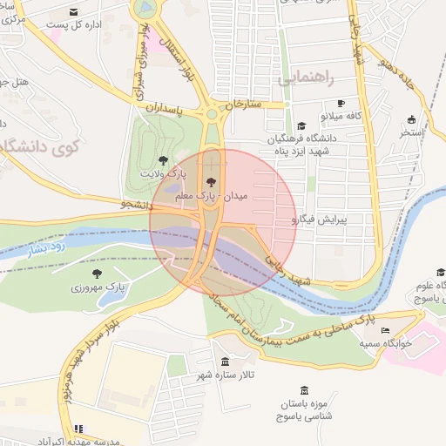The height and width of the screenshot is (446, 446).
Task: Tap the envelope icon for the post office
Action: (x=72, y=11)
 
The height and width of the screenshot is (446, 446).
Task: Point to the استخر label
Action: (x=410, y=132)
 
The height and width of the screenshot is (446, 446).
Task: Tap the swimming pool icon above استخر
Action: (x=410, y=119)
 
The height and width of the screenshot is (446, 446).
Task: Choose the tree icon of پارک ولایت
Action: (x=163, y=159)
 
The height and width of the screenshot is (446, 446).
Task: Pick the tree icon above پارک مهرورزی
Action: (x=97, y=273)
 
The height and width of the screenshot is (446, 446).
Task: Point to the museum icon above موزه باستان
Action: (x=303, y=390)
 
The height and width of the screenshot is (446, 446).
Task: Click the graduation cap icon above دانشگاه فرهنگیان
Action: (x=301, y=125)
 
